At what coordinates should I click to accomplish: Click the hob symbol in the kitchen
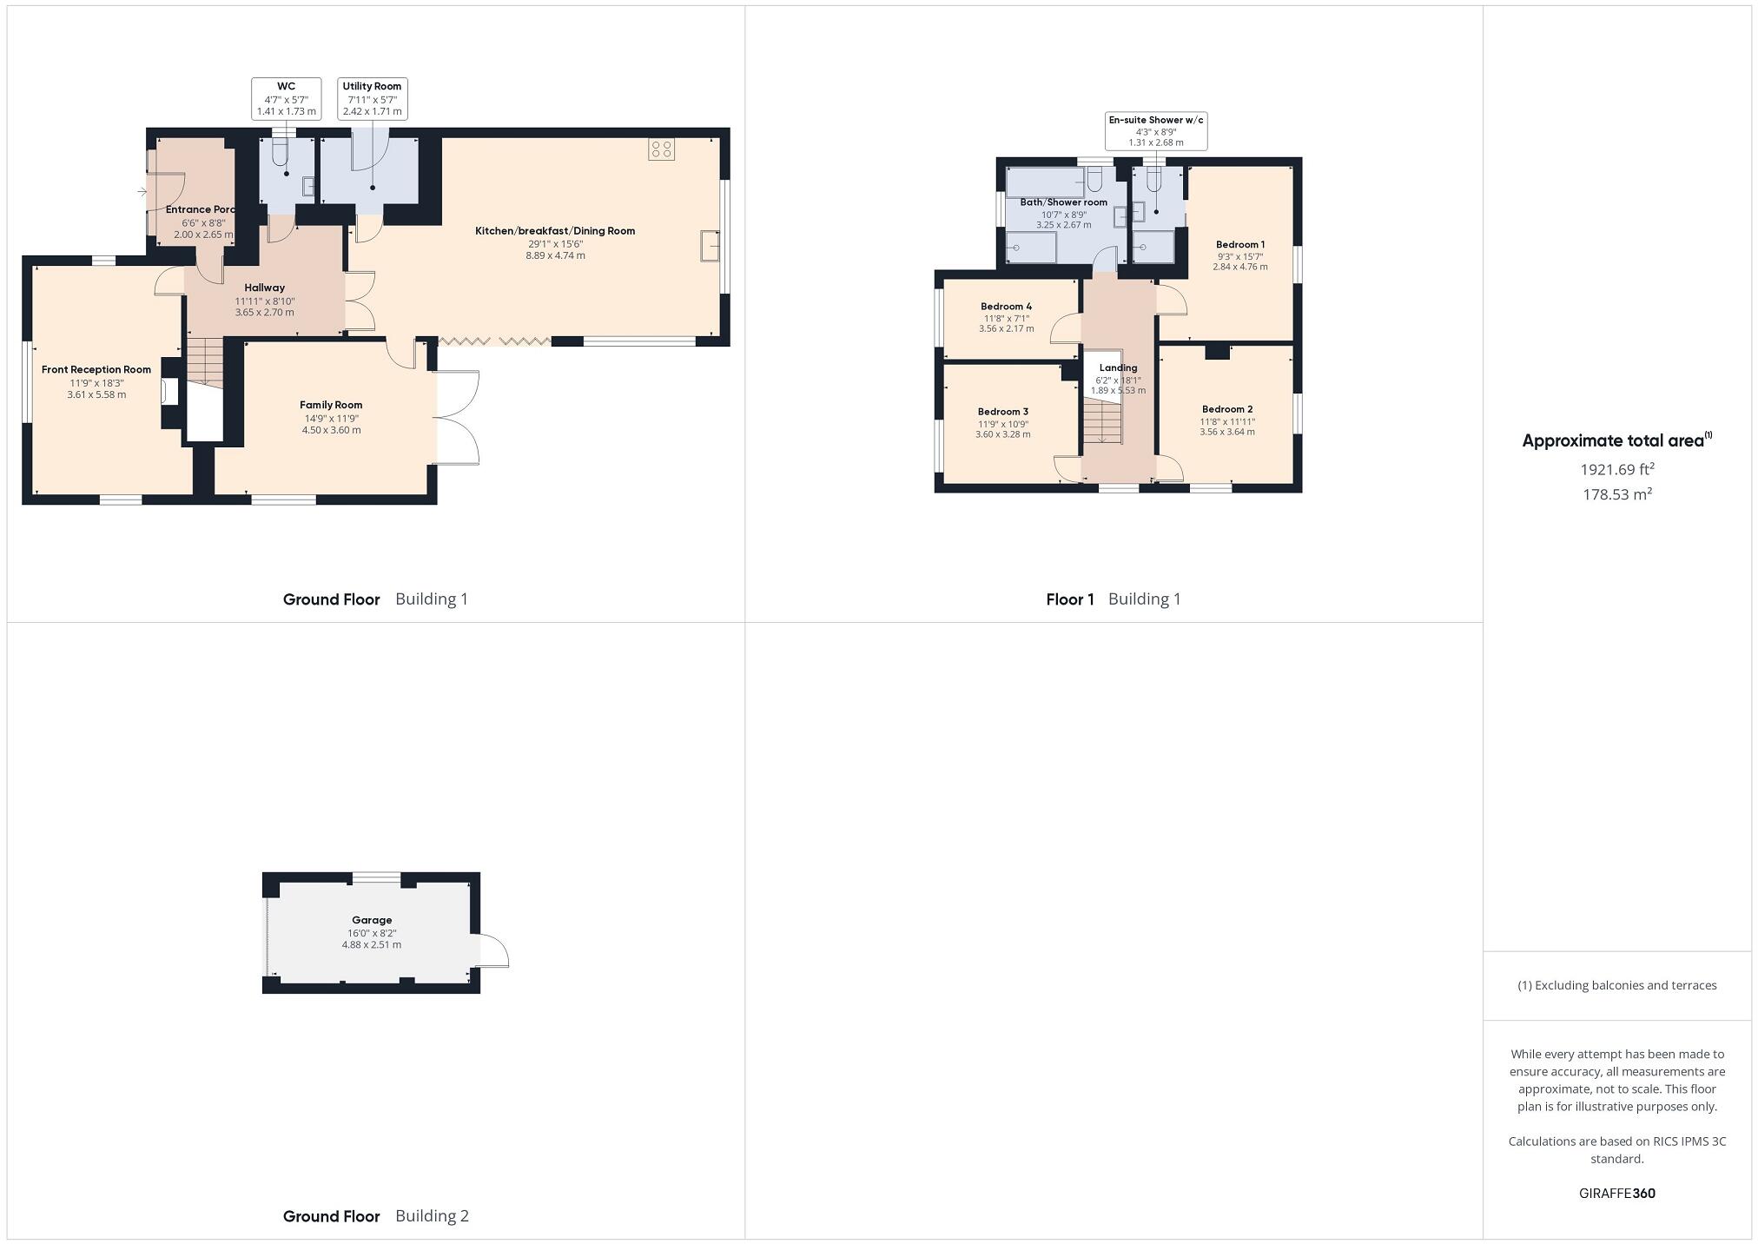(x=661, y=149)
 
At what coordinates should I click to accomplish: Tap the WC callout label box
(x=286, y=99)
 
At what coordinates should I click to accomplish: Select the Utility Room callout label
(x=372, y=99)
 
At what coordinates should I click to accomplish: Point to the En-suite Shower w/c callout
(x=1155, y=130)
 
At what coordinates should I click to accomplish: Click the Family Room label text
(x=331, y=405)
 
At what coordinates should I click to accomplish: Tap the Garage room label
(x=372, y=920)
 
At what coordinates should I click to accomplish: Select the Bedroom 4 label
(x=1006, y=307)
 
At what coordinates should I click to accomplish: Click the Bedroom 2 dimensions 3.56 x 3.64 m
(x=1226, y=432)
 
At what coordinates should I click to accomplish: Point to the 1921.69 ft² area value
(x=1616, y=470)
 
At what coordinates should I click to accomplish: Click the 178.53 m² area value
(x=1616, y=494)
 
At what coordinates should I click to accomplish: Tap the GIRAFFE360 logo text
(x=1616, y=1194)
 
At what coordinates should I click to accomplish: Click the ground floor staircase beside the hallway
(x=206, y=361)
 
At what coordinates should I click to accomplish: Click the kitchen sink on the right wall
(x=710, y=246)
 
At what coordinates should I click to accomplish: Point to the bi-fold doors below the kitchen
(x=494, y=342)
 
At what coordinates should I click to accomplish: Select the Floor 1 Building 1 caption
(x=1113, y=599)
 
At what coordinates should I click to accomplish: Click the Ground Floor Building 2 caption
(x=375, y=1216)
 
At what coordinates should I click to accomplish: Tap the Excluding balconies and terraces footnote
(x=1616, y=985)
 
